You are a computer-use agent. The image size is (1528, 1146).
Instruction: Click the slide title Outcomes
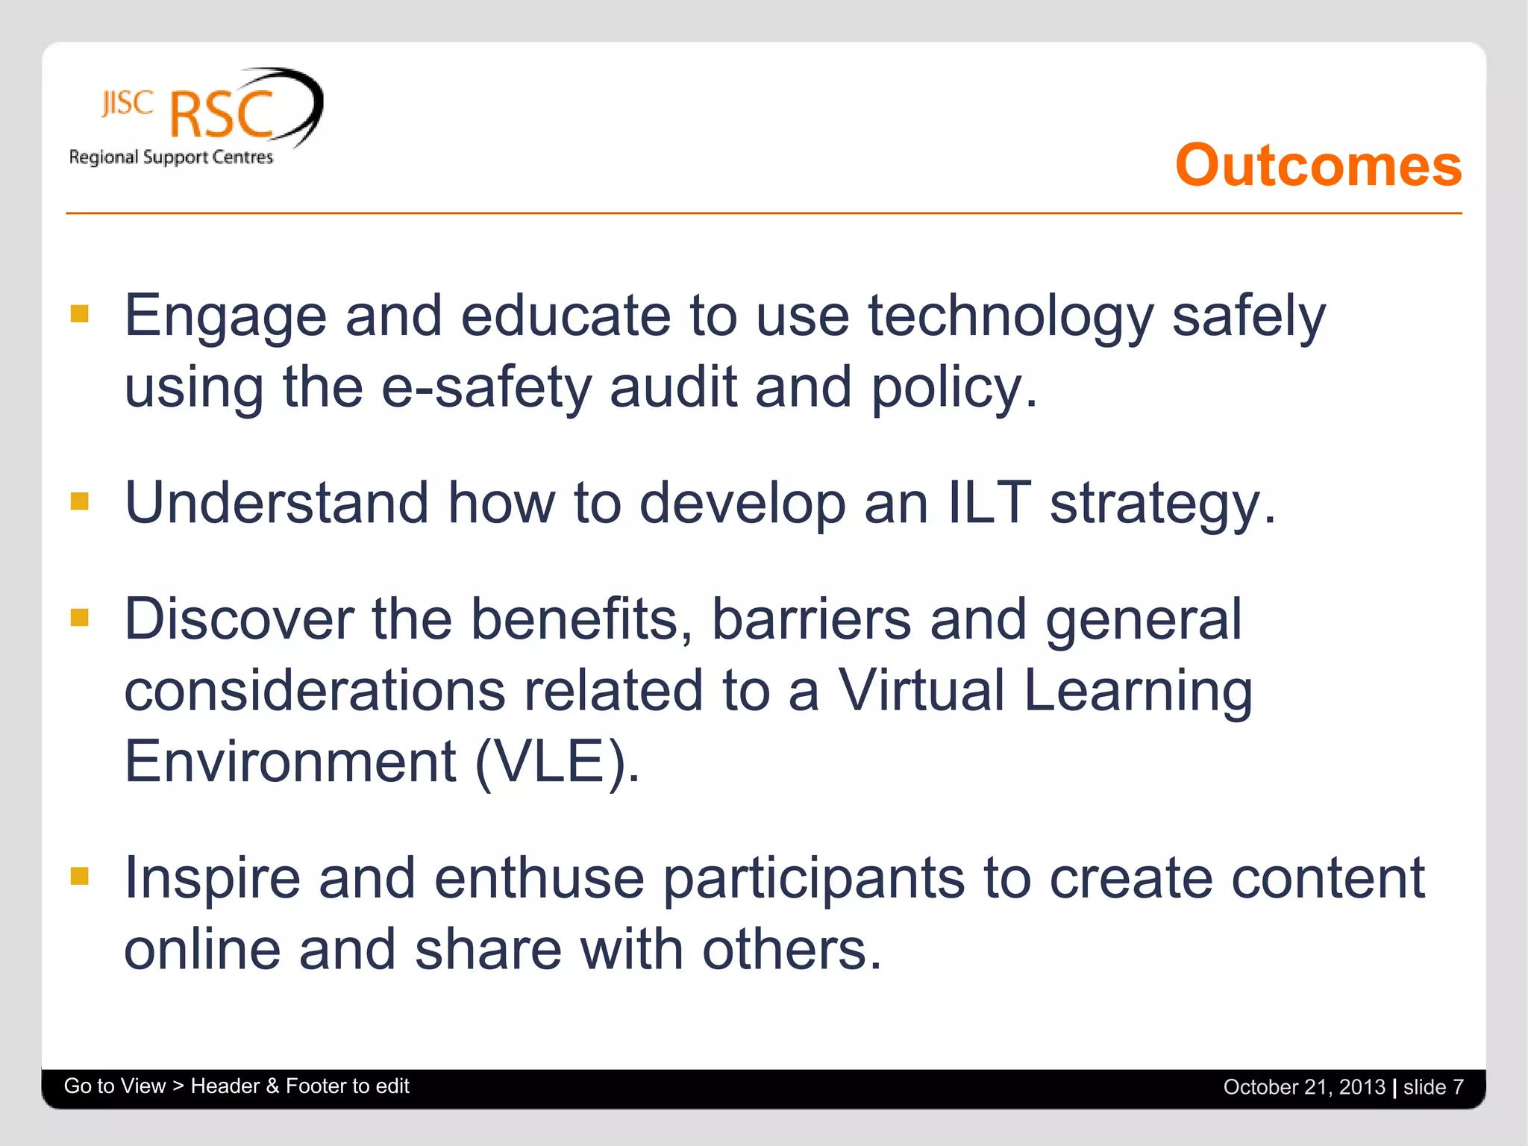coord(1318,166)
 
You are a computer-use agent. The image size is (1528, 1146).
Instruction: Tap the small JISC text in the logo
coord(128,103)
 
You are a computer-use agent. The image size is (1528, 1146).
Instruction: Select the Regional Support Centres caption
coord(171,157)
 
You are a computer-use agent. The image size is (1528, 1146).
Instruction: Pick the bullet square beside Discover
coord(80,617)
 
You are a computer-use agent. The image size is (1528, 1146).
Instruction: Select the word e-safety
coord(486,388)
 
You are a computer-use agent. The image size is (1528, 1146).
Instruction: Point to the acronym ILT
coord(989,502)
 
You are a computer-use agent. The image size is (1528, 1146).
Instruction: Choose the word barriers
coord(811,619)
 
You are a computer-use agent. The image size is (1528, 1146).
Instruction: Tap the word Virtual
coord(921,690)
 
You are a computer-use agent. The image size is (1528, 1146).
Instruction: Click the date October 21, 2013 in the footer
coord(1303,1087)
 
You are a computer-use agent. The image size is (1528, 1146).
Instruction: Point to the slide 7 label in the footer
coord(1432,1087)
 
